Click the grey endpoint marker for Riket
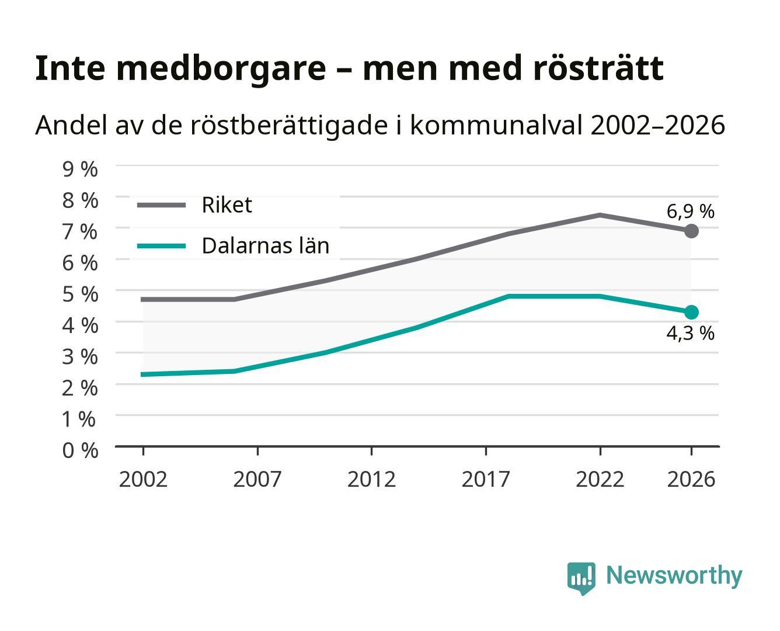coord(691,231)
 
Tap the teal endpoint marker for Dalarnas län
coord(691,312)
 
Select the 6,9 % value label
coord(690,212)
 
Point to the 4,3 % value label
coord(690,334)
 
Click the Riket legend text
coord(227,205)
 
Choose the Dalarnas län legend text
coord(266,245)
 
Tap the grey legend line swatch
coord(162,205)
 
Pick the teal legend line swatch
coord(162,246)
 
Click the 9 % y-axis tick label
coord(80,169)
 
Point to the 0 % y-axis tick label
coord(80,450)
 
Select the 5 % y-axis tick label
coord(80,294)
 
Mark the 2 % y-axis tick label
coord(80,388)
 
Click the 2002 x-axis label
coord(143,479)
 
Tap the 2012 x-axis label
coord(371,479)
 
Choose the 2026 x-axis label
coord(691,479)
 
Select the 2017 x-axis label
coord(486,479)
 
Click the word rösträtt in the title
coord(598,68)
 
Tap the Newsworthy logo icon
coord(581,578)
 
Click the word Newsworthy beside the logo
coord(674,576)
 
